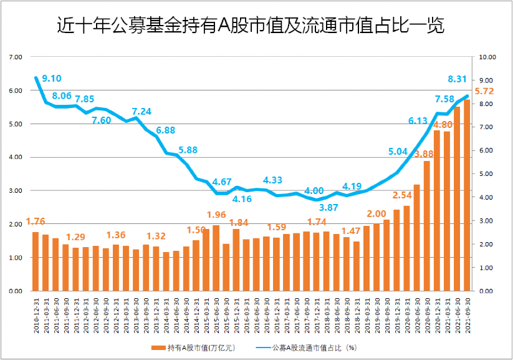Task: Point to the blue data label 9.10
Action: (51, 79)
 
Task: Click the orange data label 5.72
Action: (484, 91)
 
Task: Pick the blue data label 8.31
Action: (458, 79)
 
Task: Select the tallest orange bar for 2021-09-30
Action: (467, 195)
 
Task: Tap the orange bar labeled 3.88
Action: (427, 226)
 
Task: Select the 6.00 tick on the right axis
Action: (485, 150)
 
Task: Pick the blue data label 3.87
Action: (328, 207)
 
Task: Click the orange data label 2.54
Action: (402, 195)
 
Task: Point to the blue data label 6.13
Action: (418, 121)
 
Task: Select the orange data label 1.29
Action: (75, 237)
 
